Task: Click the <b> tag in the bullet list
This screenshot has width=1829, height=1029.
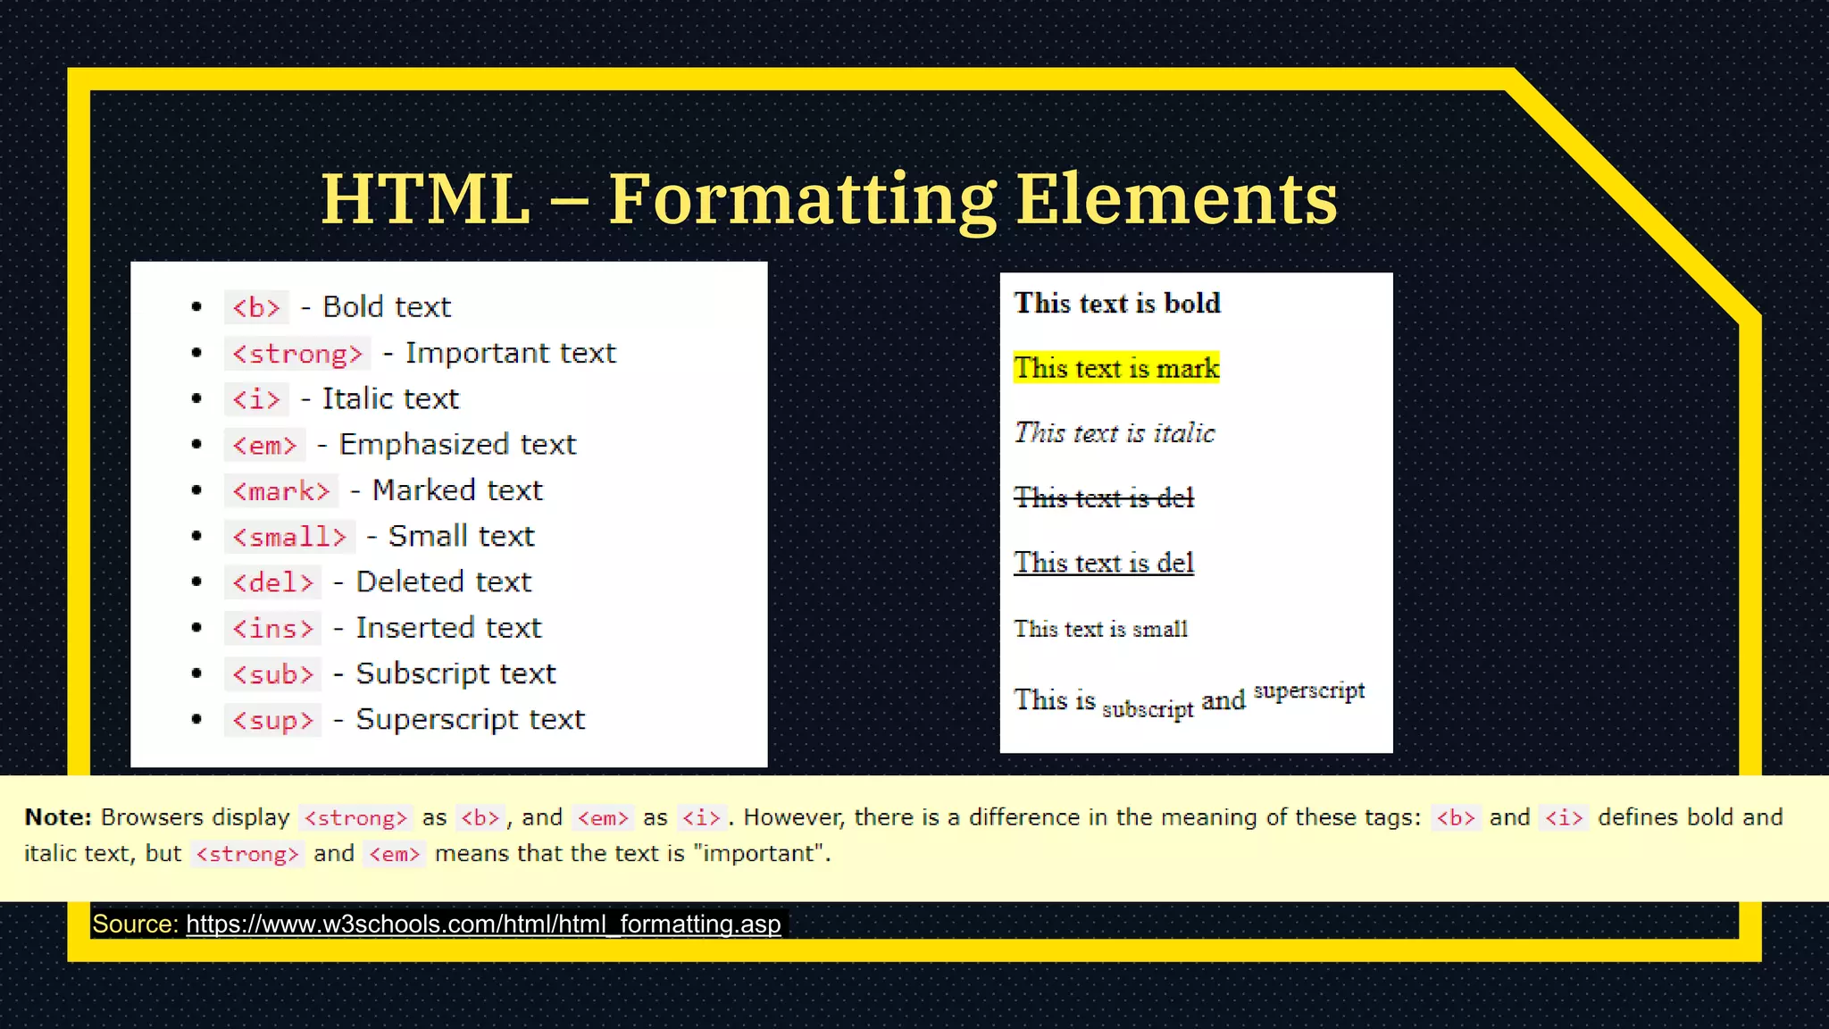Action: pos(256,307)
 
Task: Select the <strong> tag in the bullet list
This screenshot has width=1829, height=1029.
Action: pos(297,354)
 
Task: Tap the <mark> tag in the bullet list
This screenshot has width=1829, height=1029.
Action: pos(281,491)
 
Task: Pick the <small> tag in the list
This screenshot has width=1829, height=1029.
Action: pos(289,537)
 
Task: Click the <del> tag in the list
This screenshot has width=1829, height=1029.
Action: pos(272,582)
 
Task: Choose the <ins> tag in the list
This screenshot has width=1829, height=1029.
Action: pos(272,629)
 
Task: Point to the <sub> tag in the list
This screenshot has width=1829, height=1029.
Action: pos(272,674)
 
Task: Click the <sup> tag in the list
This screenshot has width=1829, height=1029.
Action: pos(272,720)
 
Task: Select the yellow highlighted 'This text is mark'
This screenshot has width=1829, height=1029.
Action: pos(1116,368)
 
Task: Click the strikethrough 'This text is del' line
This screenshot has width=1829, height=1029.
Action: pos(1104,498)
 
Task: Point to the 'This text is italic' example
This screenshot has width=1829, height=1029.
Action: pos(1115,433)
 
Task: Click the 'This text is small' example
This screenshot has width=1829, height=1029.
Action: pos(1100,629)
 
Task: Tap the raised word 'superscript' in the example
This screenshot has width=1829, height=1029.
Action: pos(1309,690)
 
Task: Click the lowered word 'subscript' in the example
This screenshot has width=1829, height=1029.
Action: pos(1148,709)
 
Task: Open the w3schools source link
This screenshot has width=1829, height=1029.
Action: pos(483,924)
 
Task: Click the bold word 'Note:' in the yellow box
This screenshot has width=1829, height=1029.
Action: pos(58,817)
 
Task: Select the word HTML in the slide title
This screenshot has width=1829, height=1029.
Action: pos(426,198)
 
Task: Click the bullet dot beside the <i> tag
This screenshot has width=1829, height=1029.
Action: pos(196,399)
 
